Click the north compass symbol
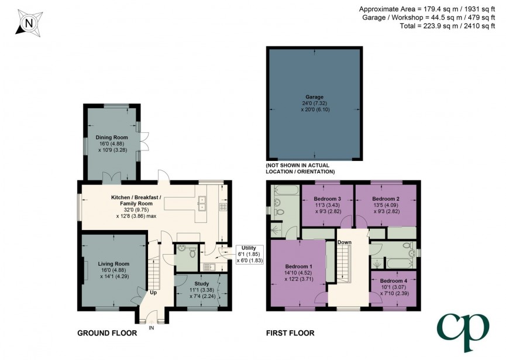coord(27,23)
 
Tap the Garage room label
coord(314,97)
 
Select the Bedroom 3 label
coord(327,199)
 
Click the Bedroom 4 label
coord(394,280)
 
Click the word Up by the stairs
coord(153,292)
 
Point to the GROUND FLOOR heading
coord(107,333)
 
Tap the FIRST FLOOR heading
coord(290,333)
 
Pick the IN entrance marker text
coord(152,328)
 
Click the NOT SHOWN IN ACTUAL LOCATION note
coord(300,168)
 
